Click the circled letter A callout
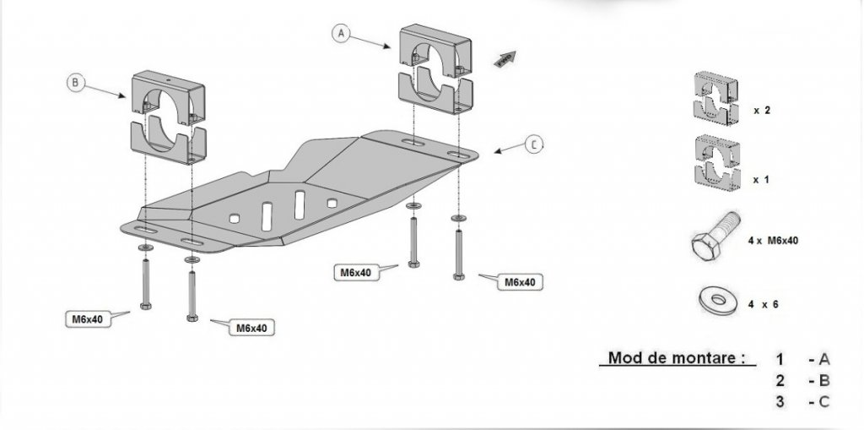click(340, 34)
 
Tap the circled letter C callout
click(533, 144)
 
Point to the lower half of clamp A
click(433, 93)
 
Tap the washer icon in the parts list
click(716, 299)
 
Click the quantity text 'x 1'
click(761, 180)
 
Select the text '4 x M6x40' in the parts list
click(772, 241)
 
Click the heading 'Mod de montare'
click(675, 358)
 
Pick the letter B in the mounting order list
click(823, 380)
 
